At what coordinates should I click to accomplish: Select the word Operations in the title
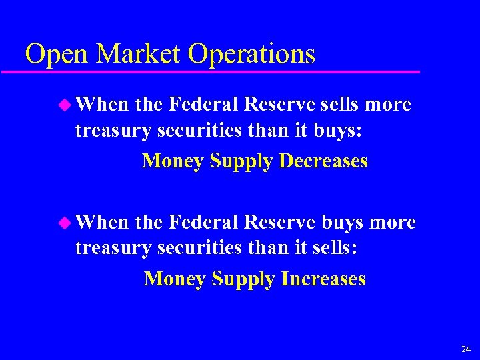[252, 53]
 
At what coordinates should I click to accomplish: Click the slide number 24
[465, 349]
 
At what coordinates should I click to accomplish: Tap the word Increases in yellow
[323, 278]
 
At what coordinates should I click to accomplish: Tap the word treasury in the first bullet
[113, 131]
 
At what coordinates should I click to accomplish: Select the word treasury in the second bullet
[113, 249]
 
